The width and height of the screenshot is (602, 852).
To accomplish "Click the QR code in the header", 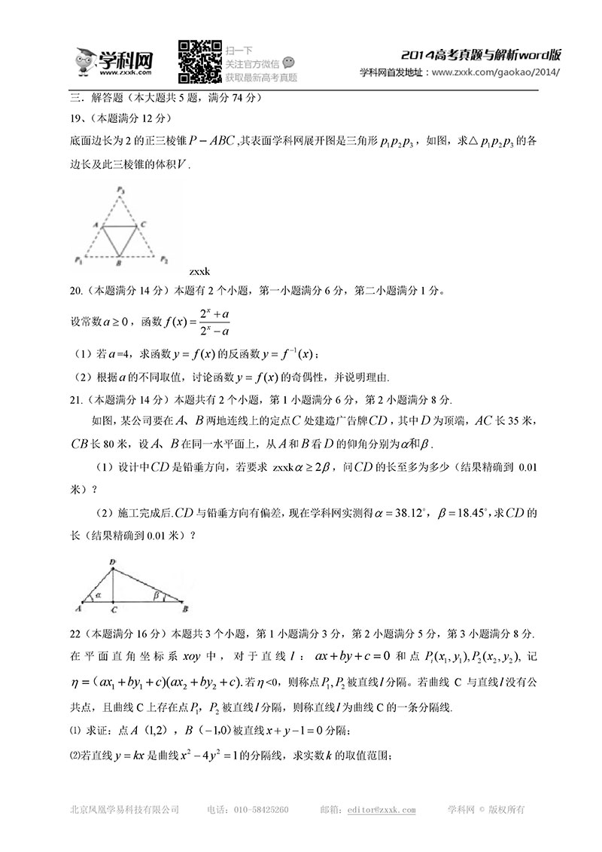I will [x=200, y=61].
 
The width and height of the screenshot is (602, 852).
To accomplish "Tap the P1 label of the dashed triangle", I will [x=78, y=260].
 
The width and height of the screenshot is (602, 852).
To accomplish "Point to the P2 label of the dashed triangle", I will [x=164, y=259].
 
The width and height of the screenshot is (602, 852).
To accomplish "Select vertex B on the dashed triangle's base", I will [x=119, y=264].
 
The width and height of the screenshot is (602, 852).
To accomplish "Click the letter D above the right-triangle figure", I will [x=113, y=561].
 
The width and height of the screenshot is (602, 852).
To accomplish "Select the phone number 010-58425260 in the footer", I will [x=259, y=811].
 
